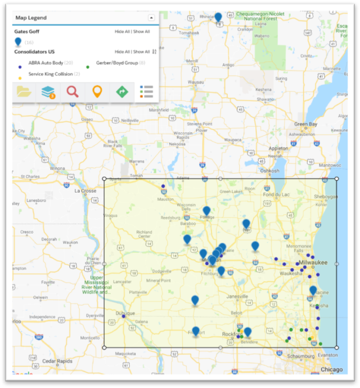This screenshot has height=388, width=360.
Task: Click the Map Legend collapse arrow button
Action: coord(151,18)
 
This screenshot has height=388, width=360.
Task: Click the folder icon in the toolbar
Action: coord(24,92)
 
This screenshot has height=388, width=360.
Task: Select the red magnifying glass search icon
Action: coord(73,91)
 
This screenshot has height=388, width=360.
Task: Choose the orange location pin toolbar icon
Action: coord(97,91)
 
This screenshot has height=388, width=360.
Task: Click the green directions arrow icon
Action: coord(121,91)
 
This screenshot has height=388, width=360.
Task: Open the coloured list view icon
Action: coord(146,92)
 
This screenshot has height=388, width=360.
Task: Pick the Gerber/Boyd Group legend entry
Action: coord(116,63)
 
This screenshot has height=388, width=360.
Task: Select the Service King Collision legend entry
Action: coord(49,74)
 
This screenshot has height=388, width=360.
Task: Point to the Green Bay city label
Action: coord(305,124)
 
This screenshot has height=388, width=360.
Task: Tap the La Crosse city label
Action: coord(86,191)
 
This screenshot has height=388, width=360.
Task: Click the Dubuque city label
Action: coord(125,313)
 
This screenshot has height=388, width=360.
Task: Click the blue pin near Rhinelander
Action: coord(218,17)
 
